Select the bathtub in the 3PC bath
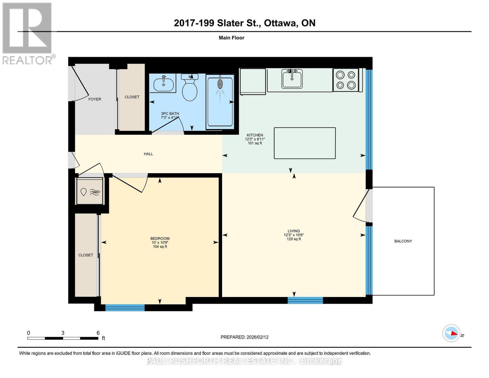coord(220,102)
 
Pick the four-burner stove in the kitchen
coord(346,80)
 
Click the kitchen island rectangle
coord(304,143)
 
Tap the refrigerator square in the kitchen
coord(253,81)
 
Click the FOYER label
coord(95,99)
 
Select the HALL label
coord(148,154)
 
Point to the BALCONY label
coord(403,241)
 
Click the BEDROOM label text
coord(160,238)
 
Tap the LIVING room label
coord(293,231)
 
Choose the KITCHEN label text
coord(255,135)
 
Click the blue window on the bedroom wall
coord(125,307)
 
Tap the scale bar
coord(63,338)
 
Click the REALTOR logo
coord(28,33)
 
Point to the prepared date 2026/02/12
coord(244,337)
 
